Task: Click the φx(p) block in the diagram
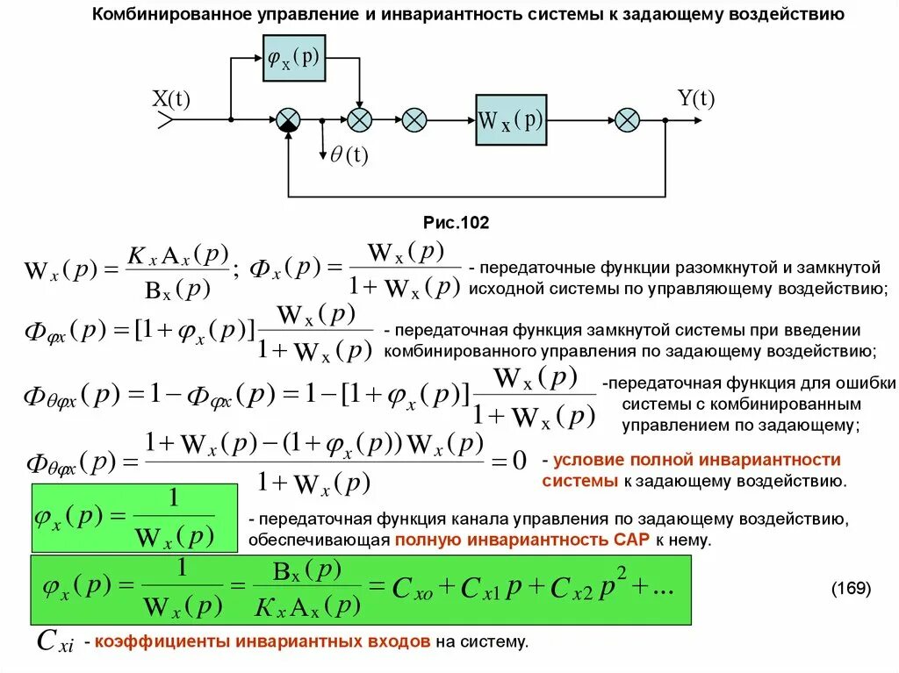tap(293, 59)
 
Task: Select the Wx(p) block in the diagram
tap(511, 120)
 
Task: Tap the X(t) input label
tap(171, 100)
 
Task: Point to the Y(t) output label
tap(695, 99)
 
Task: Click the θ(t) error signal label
tap(349, 155)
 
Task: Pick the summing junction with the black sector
tap(288, 120)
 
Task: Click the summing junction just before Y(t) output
tap(627, 120)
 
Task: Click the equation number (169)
tap(851, 588)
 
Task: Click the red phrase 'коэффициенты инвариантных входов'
tap(263, 642)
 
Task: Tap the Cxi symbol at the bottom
tap(55, 642)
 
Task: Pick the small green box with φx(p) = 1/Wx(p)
tap(134, 517)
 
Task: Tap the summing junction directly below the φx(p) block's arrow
tap(358, 120)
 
